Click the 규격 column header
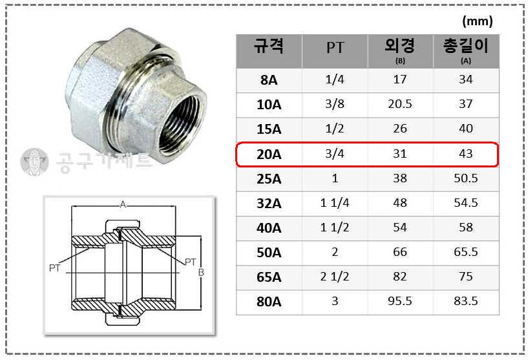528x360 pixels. coord(268,46)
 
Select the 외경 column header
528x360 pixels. coord(399,46)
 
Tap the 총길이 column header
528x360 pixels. coord(466,46)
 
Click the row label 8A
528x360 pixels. coord(269,80)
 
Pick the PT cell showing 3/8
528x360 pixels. coord(335,103)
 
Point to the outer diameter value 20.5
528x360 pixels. coord(399,104)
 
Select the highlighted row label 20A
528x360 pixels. coord(269,154)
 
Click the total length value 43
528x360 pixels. coord(466,154)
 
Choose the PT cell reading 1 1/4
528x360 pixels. coord(335,203)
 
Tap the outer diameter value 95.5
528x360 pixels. coord(399,301)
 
